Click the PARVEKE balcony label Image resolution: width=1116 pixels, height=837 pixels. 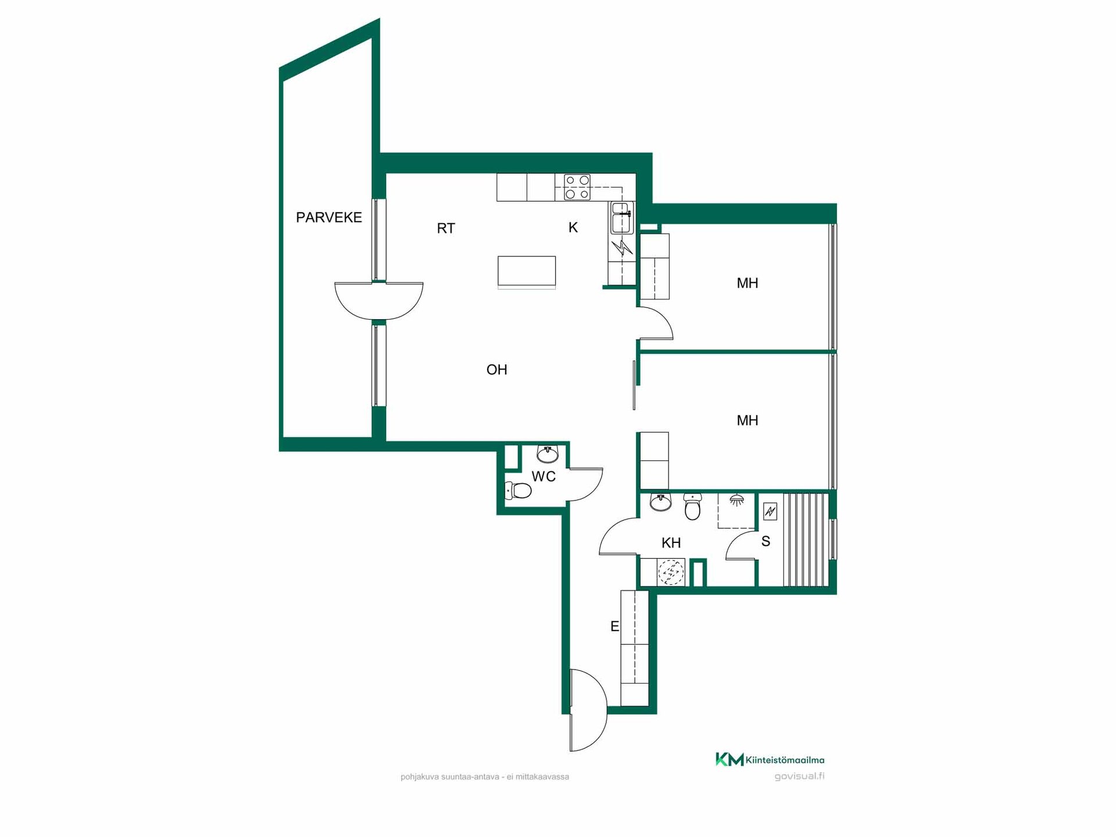coord(329,217)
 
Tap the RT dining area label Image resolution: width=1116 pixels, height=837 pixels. coord(446,228)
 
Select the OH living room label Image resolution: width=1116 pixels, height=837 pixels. coord(497,370)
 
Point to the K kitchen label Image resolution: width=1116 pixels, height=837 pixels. coord(573,227)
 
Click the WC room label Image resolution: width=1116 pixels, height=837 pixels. coord(543,477)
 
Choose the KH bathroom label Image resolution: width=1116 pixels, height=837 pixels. coord(671,543)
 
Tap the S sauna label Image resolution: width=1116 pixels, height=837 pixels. coord(766,542)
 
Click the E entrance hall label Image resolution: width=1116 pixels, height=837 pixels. coord(614,627)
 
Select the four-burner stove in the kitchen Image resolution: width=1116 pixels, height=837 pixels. coord(577,187)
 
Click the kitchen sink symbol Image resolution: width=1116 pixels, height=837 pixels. coord(621,218)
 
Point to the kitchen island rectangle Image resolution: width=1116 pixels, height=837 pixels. coord(527,271)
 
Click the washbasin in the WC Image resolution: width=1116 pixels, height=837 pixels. coord(548,453)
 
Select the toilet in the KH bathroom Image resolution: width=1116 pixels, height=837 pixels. coord(692,507)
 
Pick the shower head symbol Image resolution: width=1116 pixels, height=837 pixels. coord(737,500)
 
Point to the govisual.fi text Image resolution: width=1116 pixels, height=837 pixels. coord(799,776)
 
